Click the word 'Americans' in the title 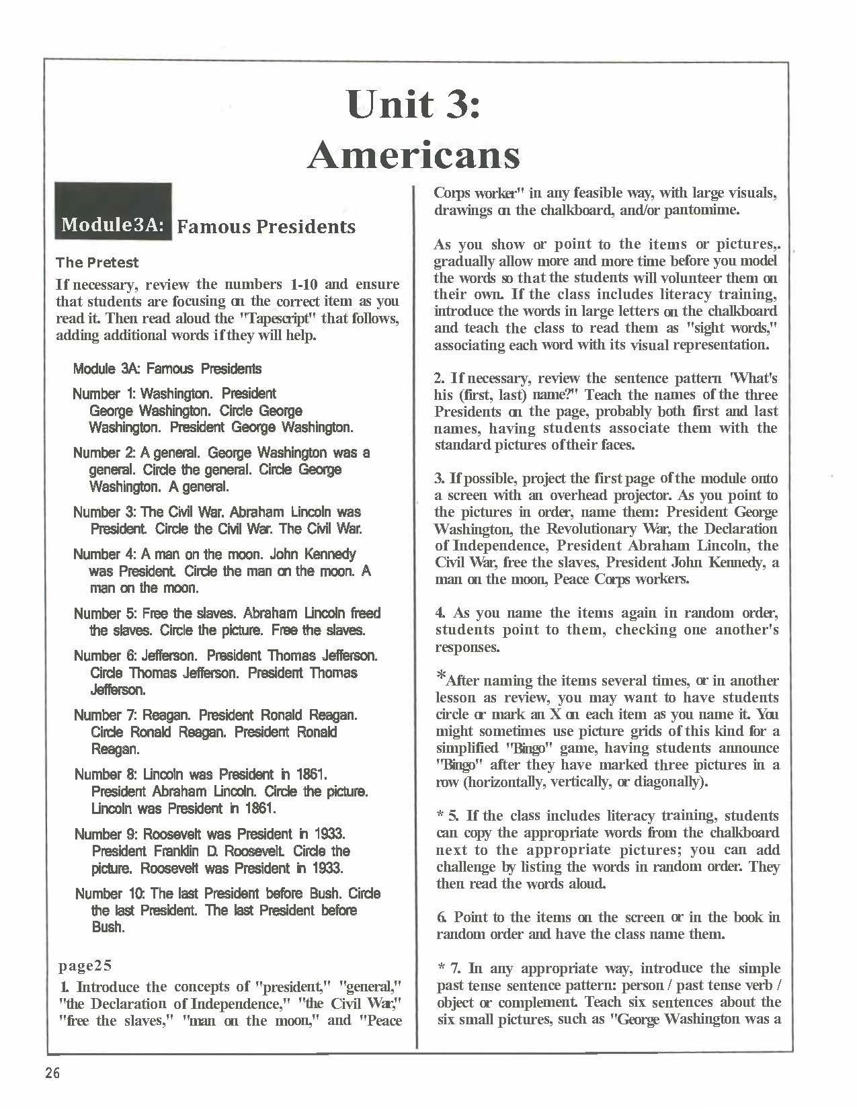[x=413, y=156]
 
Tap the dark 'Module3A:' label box [x=113, y=224]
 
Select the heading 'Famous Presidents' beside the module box [x=266, y=227]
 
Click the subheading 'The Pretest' [x=97, y=262]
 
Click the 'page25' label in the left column [x=85, y=966]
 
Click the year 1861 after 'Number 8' [x=311, y=774]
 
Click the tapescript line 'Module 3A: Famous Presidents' [x=167, y=368]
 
